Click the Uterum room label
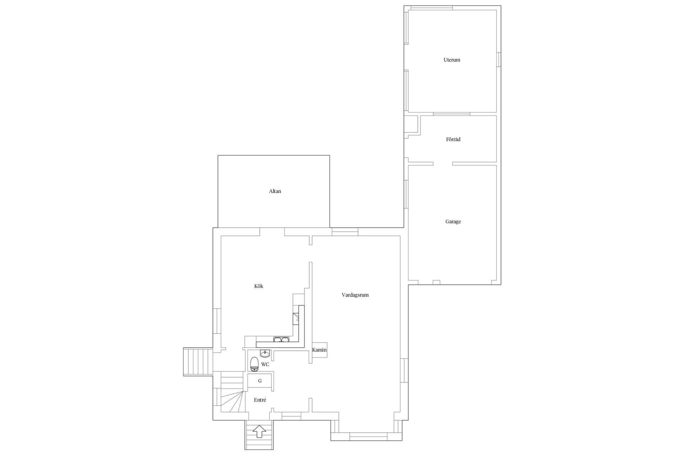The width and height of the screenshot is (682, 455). coord(452,60)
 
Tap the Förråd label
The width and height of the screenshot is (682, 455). coord(453,139)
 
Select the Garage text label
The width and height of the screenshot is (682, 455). coord(453,221)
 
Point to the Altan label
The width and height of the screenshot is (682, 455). coord(275,191)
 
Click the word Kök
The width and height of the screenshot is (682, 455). coord(259,286)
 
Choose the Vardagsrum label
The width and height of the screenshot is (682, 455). coord(355,295)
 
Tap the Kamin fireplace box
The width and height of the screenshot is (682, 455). coord(319,350)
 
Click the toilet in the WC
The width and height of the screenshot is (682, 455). coord(254,364)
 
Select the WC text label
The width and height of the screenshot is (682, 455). coord(265,364)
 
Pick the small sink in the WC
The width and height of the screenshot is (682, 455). coord(265,353)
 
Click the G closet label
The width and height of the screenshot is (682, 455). coord(260,381)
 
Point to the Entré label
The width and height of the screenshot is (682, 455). coord(260,400)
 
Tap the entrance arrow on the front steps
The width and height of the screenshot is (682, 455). coord(259,432)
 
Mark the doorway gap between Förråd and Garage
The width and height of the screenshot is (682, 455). coord(443,164)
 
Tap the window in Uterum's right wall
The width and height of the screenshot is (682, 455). coord(498,59)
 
